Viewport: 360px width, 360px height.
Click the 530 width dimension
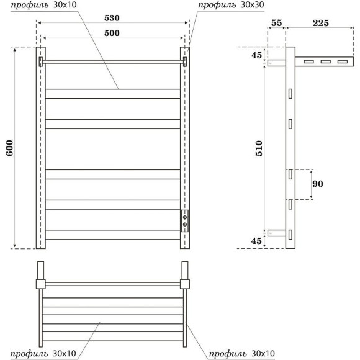coord(112,19)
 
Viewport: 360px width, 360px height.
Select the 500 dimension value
coord(112,33)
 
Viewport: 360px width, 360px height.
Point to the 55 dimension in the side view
coord(277,23)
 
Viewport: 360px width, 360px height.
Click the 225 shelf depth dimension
coord(320,23)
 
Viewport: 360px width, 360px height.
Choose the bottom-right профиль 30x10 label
coord(241,353)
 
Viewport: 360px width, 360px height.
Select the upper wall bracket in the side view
coord(276,62)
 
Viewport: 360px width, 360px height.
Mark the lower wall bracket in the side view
coord(276,233)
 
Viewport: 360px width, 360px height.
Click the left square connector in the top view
coord(41,284)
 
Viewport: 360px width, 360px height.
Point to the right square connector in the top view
coord(184,284)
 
